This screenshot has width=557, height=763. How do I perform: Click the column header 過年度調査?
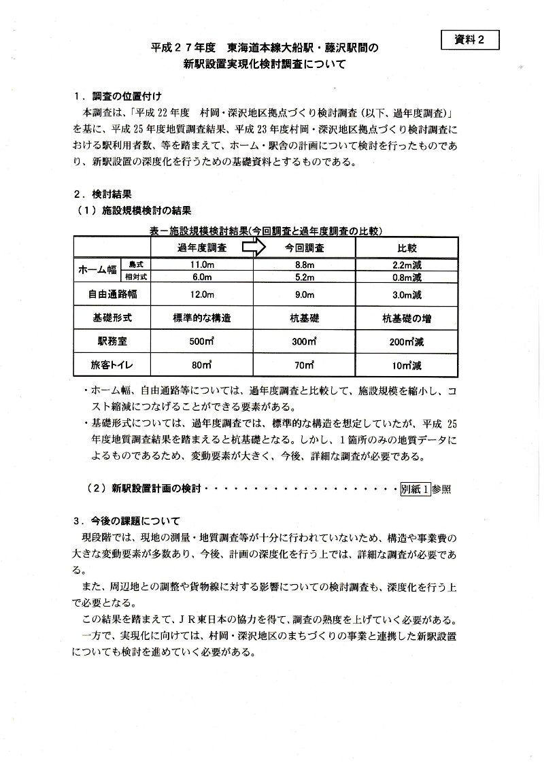[202, 248]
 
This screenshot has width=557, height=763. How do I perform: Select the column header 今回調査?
[304, 248]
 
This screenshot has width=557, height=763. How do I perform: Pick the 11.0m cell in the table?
[202, 264]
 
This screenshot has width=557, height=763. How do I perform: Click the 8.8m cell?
[303, 264]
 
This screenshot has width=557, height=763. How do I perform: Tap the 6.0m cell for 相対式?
[202, 277]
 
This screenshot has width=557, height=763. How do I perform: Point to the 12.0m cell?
[202, 295]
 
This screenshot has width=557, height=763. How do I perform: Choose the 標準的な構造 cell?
[202, 318]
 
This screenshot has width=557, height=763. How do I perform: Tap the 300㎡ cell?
[304, 341]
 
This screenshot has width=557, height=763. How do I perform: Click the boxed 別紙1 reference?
[416, 488]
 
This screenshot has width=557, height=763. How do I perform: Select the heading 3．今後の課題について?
[126, 522]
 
